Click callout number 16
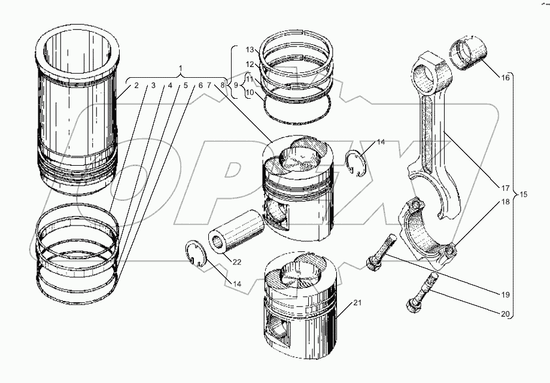pyautogui.click(x=505, y=77)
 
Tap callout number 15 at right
pyautogui.click(x=524, y=194)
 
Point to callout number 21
pyautogui.click(x=357, y=303)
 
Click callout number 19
pyautogui.click(x=505, y=294)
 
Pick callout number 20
pyautogui.click(x=505, y=314)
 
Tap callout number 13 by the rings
pyautogui.click(x=250, y=49)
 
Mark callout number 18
pyautogui.click(x=505, y=202)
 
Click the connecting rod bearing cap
pyautogui.click(x=426, y=230)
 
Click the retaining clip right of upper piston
pyautogui.click(x=357, y=164)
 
